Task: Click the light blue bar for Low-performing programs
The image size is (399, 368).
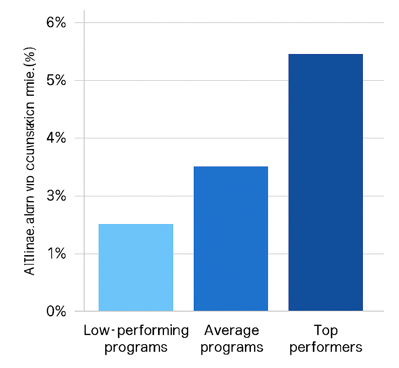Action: point(136,267)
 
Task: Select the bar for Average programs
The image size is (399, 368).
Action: point(231,238)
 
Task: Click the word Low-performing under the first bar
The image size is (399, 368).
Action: point(136,330)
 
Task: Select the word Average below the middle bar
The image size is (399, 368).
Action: point(231,330)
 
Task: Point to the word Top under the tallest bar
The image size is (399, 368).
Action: point(326,330)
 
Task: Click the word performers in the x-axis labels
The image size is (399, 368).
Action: point(326,347)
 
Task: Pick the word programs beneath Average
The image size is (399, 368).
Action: point(231,347)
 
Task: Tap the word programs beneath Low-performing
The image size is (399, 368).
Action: point(136,347)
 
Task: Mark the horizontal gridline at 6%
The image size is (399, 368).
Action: point(234,23)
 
